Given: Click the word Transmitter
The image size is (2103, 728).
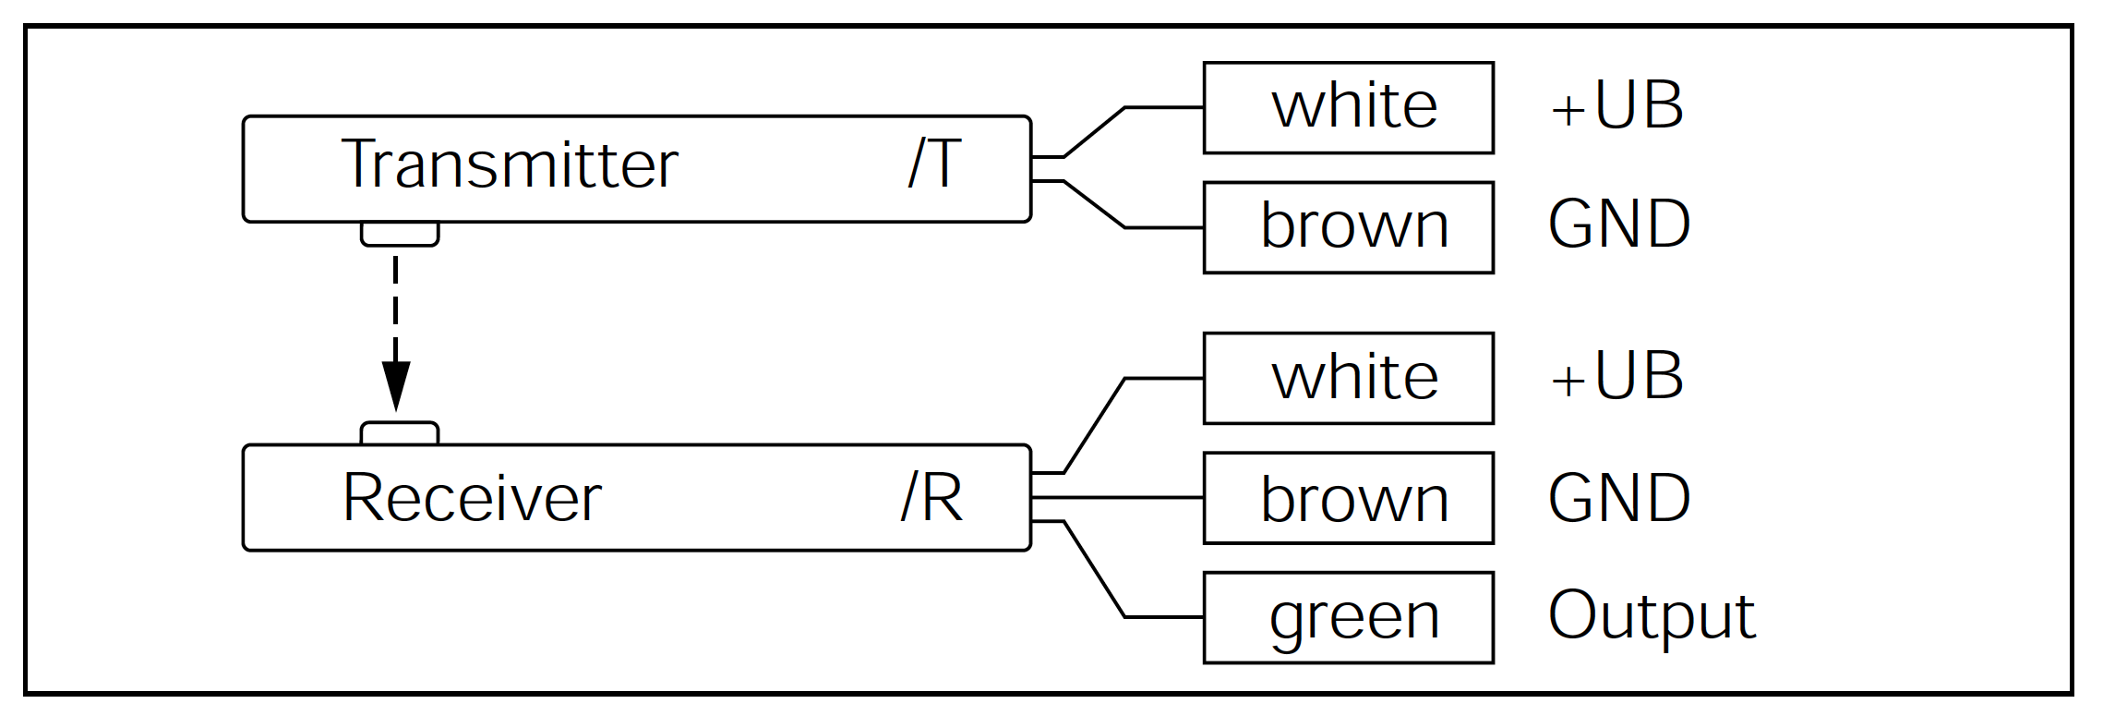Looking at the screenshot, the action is (510, 164).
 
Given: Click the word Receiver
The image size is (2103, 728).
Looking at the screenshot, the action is (472, 498).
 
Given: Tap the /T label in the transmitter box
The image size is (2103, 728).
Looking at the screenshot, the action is (935, 164).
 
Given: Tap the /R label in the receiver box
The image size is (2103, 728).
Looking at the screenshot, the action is (932, 498).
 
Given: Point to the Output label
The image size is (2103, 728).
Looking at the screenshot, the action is (1652, 616).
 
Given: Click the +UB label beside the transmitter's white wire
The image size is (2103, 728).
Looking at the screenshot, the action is (1617, 105).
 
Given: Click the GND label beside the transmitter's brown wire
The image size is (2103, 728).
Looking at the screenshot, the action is (1619, 224).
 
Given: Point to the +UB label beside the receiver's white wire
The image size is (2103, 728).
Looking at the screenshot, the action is (1617, 376).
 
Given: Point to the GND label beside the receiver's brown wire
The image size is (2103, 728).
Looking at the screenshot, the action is (1619, 498).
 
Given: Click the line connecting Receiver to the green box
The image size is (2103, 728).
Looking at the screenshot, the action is (1095, 569).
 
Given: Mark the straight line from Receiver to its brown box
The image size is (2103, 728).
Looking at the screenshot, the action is (1117, 498).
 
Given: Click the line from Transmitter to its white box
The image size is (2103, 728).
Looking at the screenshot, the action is (1095, 132).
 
